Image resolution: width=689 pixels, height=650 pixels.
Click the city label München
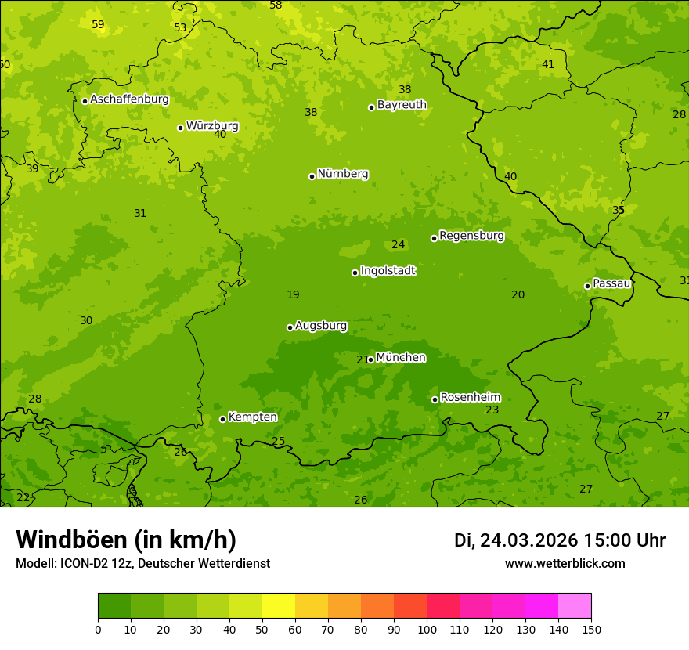[x=401, y=358]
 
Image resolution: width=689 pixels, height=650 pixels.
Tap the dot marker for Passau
[x=587, y=286]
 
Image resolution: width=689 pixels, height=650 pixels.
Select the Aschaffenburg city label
[x=129, y=99]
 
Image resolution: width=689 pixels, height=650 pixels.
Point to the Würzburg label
[x=212, y=126]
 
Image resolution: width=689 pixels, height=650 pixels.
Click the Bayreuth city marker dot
[x=371, y=107]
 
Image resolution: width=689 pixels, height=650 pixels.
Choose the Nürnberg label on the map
[x=343, y=174]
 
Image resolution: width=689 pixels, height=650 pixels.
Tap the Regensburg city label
[x=471, y=236]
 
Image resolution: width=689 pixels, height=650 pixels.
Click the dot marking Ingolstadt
[x=355, y=273]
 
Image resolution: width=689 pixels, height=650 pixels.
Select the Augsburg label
[x=321, y=326]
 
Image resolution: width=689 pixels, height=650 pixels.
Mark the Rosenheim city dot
[x=435, y=399]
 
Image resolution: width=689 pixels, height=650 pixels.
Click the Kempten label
[x=252, y=417]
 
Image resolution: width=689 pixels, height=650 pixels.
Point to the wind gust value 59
[x=98, y=24]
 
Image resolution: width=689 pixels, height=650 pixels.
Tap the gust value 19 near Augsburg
[x=293, y=295]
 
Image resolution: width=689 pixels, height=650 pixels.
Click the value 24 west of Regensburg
[x=398, y=245]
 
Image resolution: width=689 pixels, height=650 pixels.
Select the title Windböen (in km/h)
[x=126, y=540]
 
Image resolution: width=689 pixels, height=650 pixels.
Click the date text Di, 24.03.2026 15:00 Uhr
[x=560, y=540]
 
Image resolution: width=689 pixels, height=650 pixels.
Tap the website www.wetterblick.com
[x=565, y=564]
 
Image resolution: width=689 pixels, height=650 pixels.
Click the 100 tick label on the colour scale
[x=427, y=630]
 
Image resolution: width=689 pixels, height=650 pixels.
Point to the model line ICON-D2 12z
[x=142, y=564]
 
